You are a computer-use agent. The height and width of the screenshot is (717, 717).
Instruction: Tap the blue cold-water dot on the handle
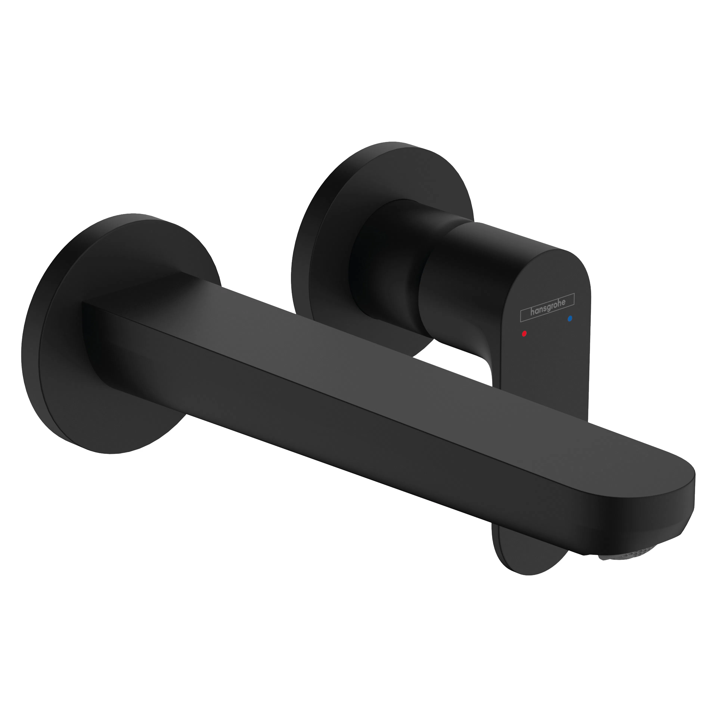pos(570,318)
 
